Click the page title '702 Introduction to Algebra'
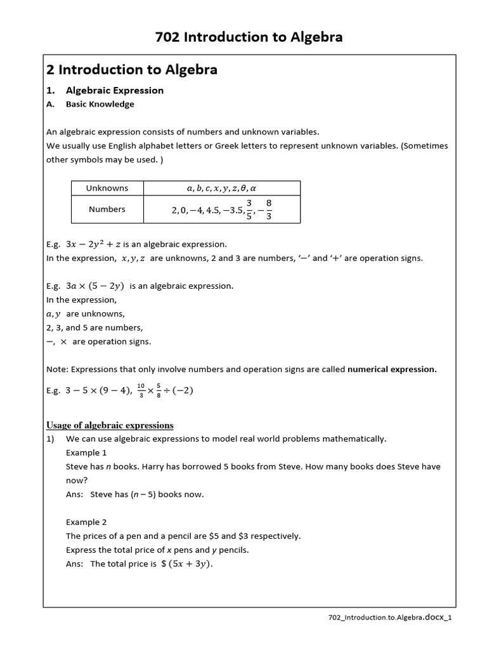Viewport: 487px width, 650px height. (249, 37)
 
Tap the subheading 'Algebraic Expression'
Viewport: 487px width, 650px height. (115, 90)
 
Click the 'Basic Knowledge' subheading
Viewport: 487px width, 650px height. (100, 104)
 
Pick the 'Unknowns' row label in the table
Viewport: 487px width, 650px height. (107, 188)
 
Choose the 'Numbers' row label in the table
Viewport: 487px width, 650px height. (107, 209)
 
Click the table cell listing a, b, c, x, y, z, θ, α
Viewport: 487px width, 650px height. (222, 189)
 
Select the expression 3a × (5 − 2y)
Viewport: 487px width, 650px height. (103, 286)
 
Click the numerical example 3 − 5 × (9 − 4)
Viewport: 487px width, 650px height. (98, 390)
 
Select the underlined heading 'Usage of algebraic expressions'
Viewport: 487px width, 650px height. (110, 425)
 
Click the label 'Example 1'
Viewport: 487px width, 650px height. (87, 453)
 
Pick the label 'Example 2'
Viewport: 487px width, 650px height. (87, 522)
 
